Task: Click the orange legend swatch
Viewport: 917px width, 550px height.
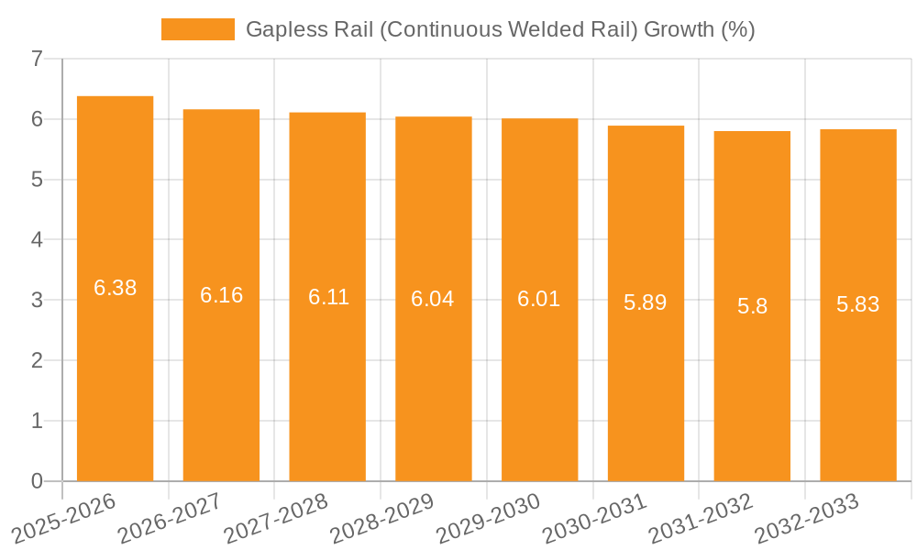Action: click(x=197, y=29)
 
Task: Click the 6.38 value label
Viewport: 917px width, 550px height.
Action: click(x=115, y=288)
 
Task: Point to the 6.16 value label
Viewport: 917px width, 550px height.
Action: click(x=221, y=295)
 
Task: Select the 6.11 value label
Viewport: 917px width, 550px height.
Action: click(x=327, y=297)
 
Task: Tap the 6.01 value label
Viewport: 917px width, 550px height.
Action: click(x=539, y=299)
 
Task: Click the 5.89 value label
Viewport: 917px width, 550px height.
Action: click(x=646, y=302)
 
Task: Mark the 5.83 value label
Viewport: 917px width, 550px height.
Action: click(x=858, y=304)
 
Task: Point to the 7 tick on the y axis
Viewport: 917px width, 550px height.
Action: click(x=37, y=60)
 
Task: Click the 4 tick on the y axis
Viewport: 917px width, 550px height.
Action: click(x=37, y=240)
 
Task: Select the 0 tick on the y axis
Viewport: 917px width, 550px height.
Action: click(x=37, y=481)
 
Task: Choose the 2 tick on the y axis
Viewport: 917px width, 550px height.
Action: click(x=37, y=361)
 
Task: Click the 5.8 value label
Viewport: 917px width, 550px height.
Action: click(x=752, y=306)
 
